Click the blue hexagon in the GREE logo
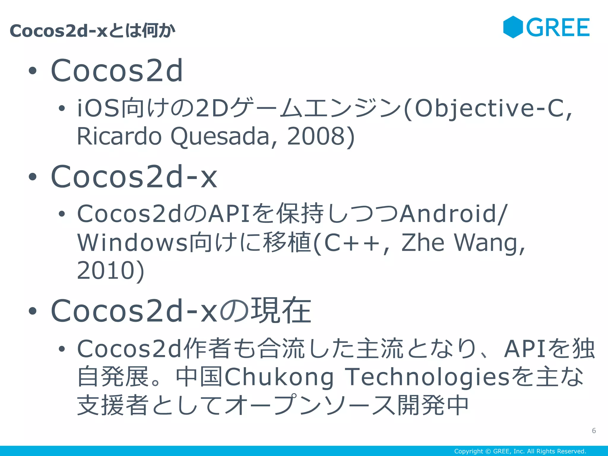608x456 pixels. click(x=513, y=27)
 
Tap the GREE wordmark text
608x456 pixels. click(x=558, y=28)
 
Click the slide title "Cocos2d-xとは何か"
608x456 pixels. click(x=92, y=31)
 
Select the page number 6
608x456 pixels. click(x=594, y=430)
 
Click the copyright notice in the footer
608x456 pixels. click(x=520, y=451)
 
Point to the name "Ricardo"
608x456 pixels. click(x=119, y=137)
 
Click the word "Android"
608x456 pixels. click(x=448, y=214)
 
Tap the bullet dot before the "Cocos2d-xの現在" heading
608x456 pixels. click(x=32, y=311)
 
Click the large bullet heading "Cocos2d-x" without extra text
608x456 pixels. click(x=134, y=177)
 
